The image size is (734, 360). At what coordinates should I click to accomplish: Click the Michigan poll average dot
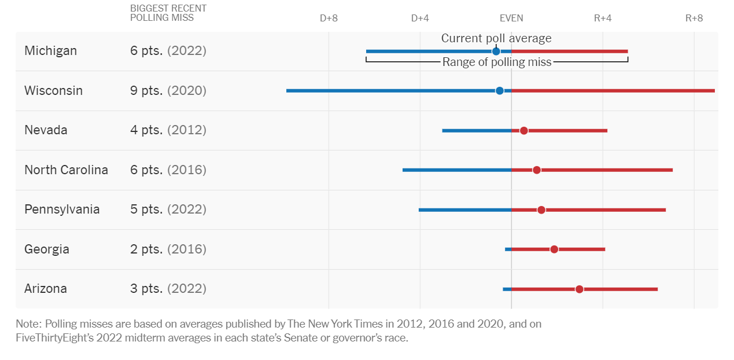(496, 52)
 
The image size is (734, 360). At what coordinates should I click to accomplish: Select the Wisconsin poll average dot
(500, 91)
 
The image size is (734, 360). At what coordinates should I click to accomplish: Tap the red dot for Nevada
(523, 131)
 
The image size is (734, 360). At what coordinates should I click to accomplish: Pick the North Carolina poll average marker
(537, 170)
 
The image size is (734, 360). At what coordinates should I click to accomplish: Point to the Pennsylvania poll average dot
(541, 210)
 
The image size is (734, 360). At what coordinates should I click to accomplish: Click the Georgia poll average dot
(554, 249)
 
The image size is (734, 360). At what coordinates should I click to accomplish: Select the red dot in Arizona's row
(580, 289)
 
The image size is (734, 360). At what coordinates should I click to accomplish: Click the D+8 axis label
(329, 18)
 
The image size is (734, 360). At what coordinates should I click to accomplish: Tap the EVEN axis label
(511, 18)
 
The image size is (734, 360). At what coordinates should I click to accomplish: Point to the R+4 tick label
(603, 18)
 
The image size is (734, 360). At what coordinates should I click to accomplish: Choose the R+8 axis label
(694, 18)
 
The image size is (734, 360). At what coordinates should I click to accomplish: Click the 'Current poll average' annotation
(496, 38)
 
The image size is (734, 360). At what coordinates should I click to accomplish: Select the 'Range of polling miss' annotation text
(497, 63)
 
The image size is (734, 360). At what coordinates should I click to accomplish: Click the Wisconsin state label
(53, 91)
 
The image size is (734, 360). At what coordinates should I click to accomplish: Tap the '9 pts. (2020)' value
(168, 91)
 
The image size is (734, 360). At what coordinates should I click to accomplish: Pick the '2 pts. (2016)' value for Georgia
(168, 249)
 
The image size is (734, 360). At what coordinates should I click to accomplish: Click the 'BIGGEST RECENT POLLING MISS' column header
(168, 13)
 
